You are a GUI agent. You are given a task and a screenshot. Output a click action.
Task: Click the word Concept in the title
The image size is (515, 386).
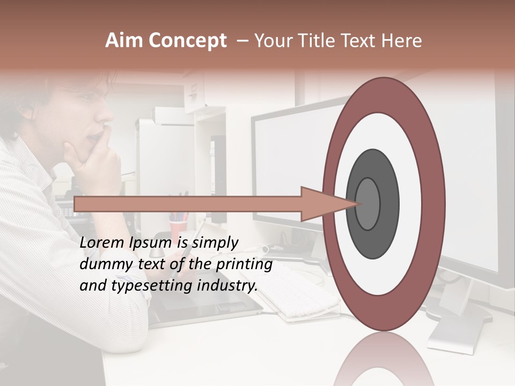tap(187, 41)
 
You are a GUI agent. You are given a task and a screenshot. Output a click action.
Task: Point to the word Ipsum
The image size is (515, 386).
tap(150, 243)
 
